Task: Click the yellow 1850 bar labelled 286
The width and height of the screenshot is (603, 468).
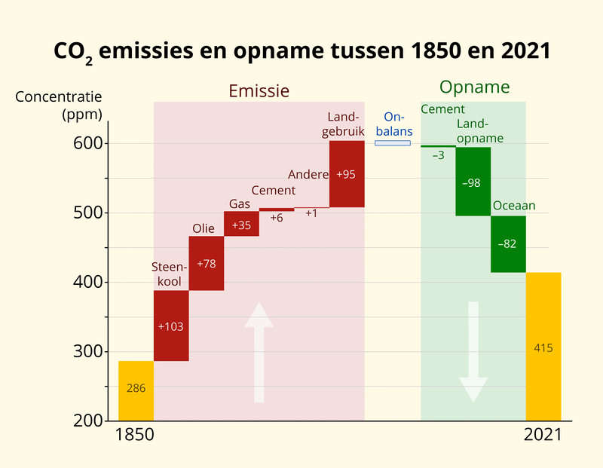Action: pos(136,390)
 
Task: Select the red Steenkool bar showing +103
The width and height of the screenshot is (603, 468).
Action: pos(171,326)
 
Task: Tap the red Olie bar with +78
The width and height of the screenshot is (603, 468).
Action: pos(206,263)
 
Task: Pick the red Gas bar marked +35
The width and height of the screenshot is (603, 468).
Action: pos(241,224)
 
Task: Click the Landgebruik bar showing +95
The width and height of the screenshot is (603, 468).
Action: pos(347,174)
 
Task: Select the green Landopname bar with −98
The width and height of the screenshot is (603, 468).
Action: pos(473,182)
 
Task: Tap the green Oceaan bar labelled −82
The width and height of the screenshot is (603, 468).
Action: pos(508,244)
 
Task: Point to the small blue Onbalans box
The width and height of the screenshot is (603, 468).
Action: pos(393,142)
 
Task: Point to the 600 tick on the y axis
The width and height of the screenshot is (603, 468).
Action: pos(90,143)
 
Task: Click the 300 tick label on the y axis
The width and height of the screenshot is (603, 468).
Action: pos(90,351)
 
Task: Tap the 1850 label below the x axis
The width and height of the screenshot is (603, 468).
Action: pos(134,435)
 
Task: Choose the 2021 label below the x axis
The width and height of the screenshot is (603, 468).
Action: pos(543,435)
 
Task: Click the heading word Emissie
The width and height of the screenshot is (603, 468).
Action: pos(259,91)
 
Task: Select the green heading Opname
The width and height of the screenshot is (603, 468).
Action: pos(475,87)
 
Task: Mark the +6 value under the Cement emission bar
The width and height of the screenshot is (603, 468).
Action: pos(277,218)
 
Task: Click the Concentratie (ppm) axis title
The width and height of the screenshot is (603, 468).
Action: pos(58,106)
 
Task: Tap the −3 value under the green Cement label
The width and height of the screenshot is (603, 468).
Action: pos(438,155)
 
